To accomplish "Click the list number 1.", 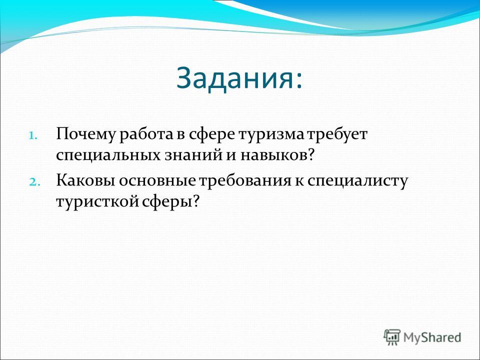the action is [33, 135].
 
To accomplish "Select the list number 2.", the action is [33, 181].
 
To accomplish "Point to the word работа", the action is [146, 134].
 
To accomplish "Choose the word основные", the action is [157, 181].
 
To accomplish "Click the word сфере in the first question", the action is [211, 134].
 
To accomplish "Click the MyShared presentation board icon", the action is [392, 337].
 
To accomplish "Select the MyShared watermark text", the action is [432, 337].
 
